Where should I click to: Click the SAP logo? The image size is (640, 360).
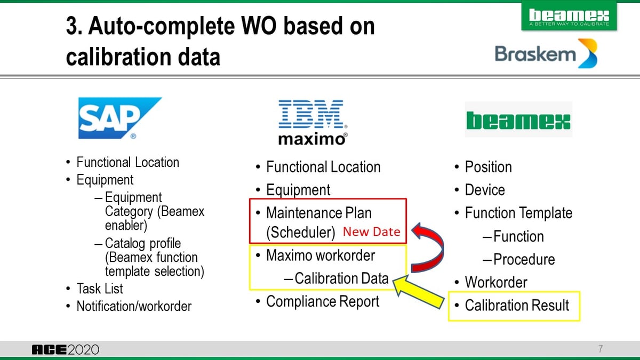pyautogui.click(x=119, y=118)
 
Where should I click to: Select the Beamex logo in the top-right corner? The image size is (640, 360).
pyautogui.click(x=569, y=18)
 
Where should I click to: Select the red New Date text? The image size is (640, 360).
pyautogui.click(x=371, y=231)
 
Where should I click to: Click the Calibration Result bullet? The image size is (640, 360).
pyautogui.click(x=517, y=306)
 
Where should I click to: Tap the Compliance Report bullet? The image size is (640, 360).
pyautogui.click(x=322, y=301)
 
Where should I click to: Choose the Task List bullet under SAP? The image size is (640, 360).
pyautogui.click(x=99, y=289)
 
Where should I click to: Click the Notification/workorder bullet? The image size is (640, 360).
pyautogui.click(x=133, y=306)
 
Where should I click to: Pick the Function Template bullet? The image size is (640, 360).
pyautogui.click(x=518, y=213)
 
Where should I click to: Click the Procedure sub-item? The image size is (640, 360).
pyautogui.click(x=524, y=260)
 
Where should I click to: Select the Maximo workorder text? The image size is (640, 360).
pyautogui.click(x=320, y=255)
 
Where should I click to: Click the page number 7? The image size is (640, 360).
pyautogui.click(x=601, y=349)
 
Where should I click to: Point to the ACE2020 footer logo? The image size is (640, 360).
pyautogui.click(x=66, y=350)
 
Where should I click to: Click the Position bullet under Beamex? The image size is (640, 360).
pyautogui.click(x=488, y=167)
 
